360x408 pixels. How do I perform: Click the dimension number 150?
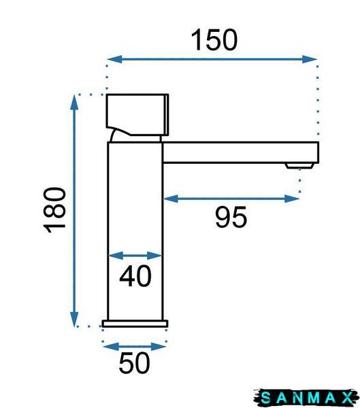pyautogui.click(x=214, y=40)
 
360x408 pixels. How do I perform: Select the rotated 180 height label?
pyautogui.click(x=55, y=210)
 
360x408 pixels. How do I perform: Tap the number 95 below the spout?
pyautogui.click(x=231, y=217)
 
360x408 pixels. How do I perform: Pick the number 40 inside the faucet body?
pyautogui.click(x=135, y=276)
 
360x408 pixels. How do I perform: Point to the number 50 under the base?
pyautogui.click(x=135, y=362)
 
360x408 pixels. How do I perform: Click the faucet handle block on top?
pyautogui.click(x=137, y=115)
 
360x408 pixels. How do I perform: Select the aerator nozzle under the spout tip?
pyautogui.click(x=299, y=166)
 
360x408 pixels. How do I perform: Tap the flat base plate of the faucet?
pyautogui.click(x=135, y=324)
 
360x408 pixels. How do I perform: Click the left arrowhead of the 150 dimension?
pyautogui.click(x=114, y=59)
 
